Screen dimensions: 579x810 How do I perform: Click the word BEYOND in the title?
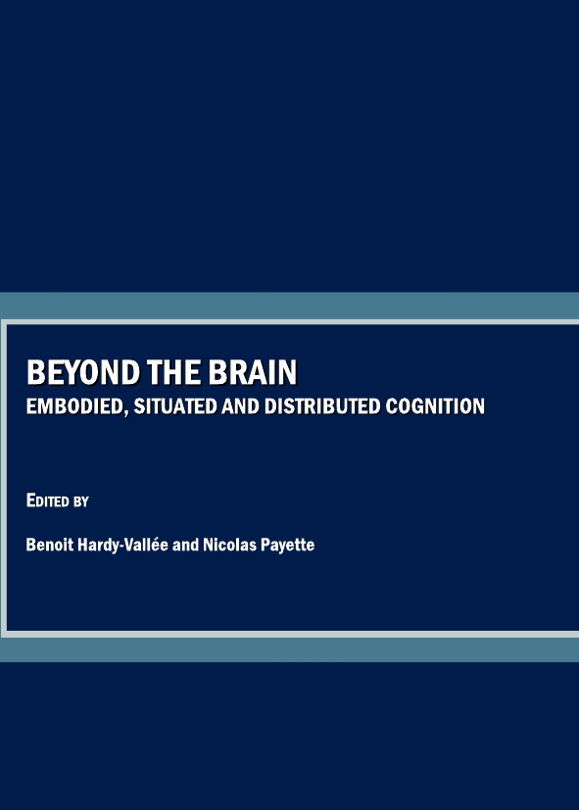click(x=83, y=372)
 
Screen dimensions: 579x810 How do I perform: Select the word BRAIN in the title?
click(x=253, y=372)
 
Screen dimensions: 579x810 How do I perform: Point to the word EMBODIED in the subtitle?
click(x=74, y=406)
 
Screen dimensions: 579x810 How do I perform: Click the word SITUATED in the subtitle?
click(x=175, y=406)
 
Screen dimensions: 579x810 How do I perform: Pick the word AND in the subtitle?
click(x=241, y=406)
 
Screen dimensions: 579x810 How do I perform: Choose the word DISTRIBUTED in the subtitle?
click(x=322, y=406)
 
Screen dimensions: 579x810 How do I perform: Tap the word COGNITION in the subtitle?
click(x=435, y=406)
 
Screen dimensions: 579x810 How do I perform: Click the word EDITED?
click(x=48, y=500)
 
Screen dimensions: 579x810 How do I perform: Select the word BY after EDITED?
click(x=81, y=501)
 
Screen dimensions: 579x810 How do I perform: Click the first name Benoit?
click(x=50, y=545)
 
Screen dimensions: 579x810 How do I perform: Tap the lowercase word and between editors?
click(x=185, y=545)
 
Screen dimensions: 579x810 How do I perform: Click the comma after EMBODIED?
click(x=125, y=412)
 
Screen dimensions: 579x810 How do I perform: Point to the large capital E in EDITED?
click(x=31, y=500)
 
